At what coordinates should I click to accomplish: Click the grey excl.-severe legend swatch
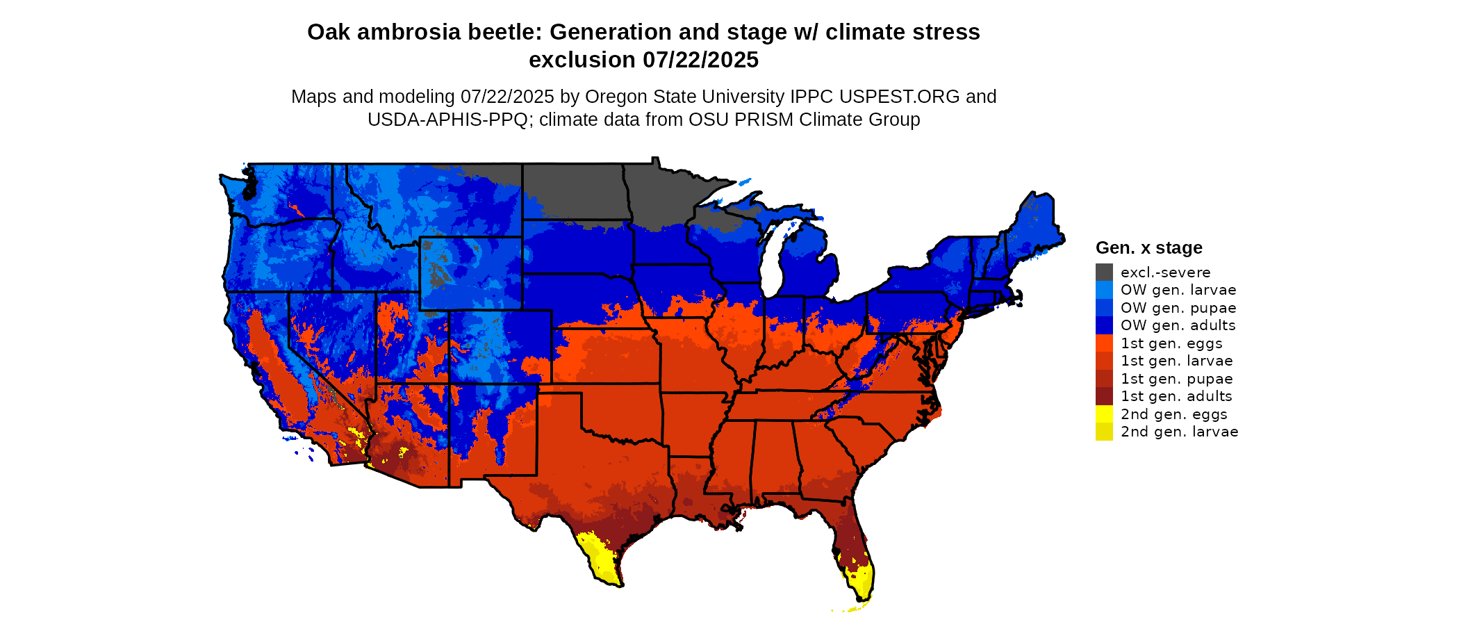[x=1104, y=272]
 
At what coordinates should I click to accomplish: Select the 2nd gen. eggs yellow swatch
[x=1104, y=414]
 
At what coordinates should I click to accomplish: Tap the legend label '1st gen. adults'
[x=1176, y=396]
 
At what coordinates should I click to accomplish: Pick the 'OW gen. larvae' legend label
[x=1178, y=290]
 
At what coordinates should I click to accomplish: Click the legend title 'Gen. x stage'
[x=1148, y=247]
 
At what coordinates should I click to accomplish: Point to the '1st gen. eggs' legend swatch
[x=1104, y=343]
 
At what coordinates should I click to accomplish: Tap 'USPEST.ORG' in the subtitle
[x=900, y=97]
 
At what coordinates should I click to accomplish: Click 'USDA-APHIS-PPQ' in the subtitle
[x=447, y=120]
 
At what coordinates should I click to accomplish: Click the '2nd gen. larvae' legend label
[x=1179, y=432]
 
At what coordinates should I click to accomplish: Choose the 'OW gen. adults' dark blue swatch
[x=1104, y=325]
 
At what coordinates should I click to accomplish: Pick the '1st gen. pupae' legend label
[x=1176, y=379]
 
